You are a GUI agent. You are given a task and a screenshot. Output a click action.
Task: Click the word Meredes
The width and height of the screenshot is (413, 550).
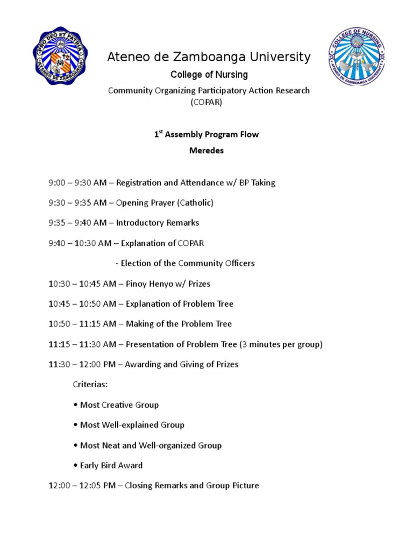[206, 151]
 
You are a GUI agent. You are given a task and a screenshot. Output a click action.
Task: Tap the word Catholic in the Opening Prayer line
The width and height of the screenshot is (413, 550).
[197, 203]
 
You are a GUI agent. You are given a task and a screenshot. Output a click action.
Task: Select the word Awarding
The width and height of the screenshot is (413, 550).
[143, 365]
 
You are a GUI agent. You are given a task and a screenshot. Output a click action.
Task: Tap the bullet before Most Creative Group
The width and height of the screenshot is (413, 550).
[75, 405]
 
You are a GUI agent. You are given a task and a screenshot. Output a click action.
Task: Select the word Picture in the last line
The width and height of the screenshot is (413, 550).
[245, 486]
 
